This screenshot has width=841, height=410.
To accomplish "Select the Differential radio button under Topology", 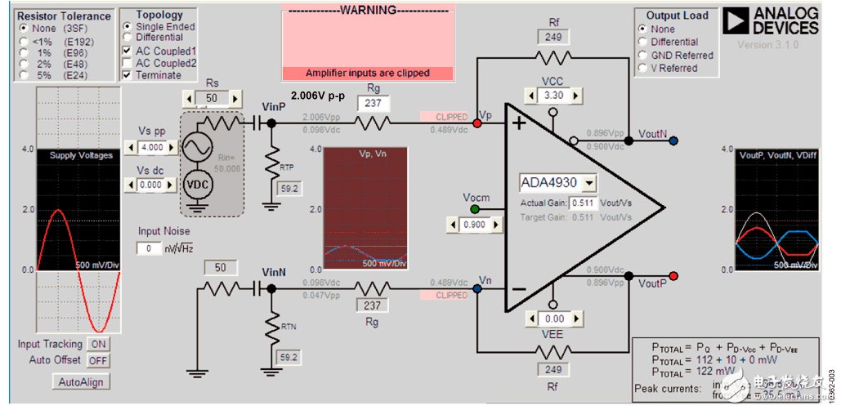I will (x=127, y=37).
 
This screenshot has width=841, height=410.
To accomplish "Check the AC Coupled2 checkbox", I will (x=127, y=63).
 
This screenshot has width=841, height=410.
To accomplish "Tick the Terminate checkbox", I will (x=127, y=75).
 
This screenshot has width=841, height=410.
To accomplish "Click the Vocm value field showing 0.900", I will (x=475, y=225).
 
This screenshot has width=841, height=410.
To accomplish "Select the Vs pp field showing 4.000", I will (x=152, y=147).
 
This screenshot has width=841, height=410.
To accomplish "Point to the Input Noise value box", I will (x=149, y=248).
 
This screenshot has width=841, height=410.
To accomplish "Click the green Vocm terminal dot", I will (x=474, y=210).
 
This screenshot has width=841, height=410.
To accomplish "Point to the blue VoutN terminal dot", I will (x=673, y=140).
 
